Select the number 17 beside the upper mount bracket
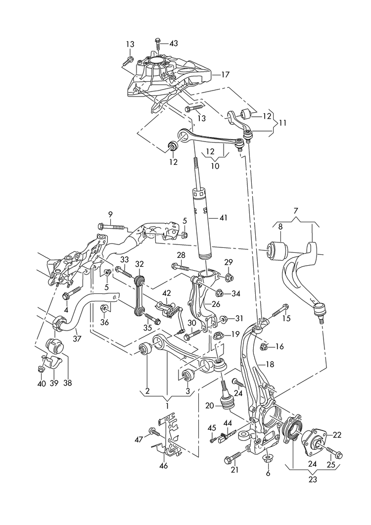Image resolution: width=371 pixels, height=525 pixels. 225,75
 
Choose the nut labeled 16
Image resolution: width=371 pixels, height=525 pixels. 263,346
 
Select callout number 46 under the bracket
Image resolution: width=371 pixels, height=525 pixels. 164,466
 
